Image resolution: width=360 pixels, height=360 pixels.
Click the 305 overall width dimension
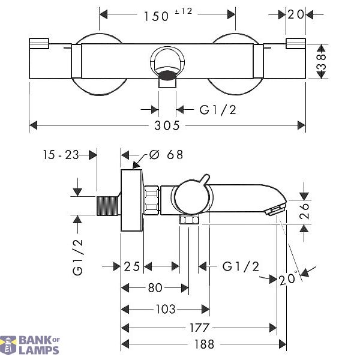point(167,125)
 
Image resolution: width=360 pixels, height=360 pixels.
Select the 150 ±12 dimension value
point(168,14)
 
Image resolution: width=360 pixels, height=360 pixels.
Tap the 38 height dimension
point(322,62)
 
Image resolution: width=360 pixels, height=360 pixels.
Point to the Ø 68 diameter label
point(166,155)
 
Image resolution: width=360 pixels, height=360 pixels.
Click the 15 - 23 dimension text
point(61,155)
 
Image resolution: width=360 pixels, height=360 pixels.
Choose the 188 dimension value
point(204,344)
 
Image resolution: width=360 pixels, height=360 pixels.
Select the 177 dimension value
point(199,328)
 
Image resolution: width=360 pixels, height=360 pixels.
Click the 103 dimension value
point(166,309)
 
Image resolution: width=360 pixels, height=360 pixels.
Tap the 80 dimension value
point(155,287)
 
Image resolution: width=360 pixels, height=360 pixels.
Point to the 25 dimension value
point(132,266)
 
